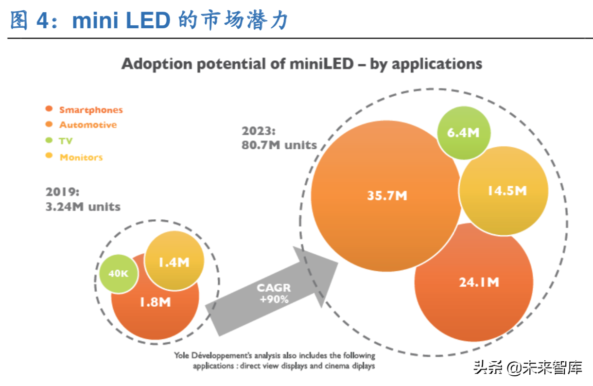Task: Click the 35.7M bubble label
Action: coord(387,195)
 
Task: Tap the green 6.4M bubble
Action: coord(464,132)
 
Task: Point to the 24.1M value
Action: coord(479,282)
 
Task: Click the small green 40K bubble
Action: coord(118,274)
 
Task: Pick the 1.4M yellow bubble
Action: coord(174,262)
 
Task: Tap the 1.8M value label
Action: coord(155,302)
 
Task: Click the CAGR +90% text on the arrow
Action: coord(274,294)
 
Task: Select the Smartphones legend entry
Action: coord(91,110)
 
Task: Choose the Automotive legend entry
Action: coord(88,125)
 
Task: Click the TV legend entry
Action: coord(66,141)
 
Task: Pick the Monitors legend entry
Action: coord(81,157)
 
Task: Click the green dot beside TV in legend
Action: coord(49,140)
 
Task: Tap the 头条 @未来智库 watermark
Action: coord(527,368)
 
